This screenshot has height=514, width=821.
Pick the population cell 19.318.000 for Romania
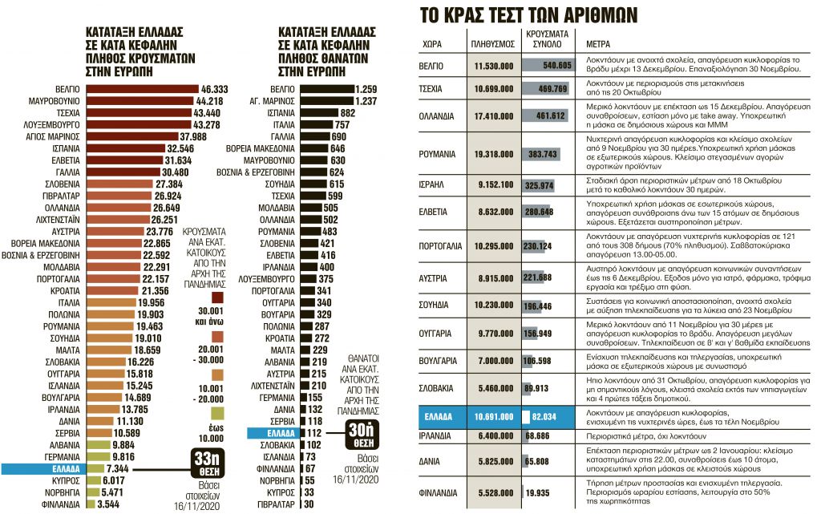493,153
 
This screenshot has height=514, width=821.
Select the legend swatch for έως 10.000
217,412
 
